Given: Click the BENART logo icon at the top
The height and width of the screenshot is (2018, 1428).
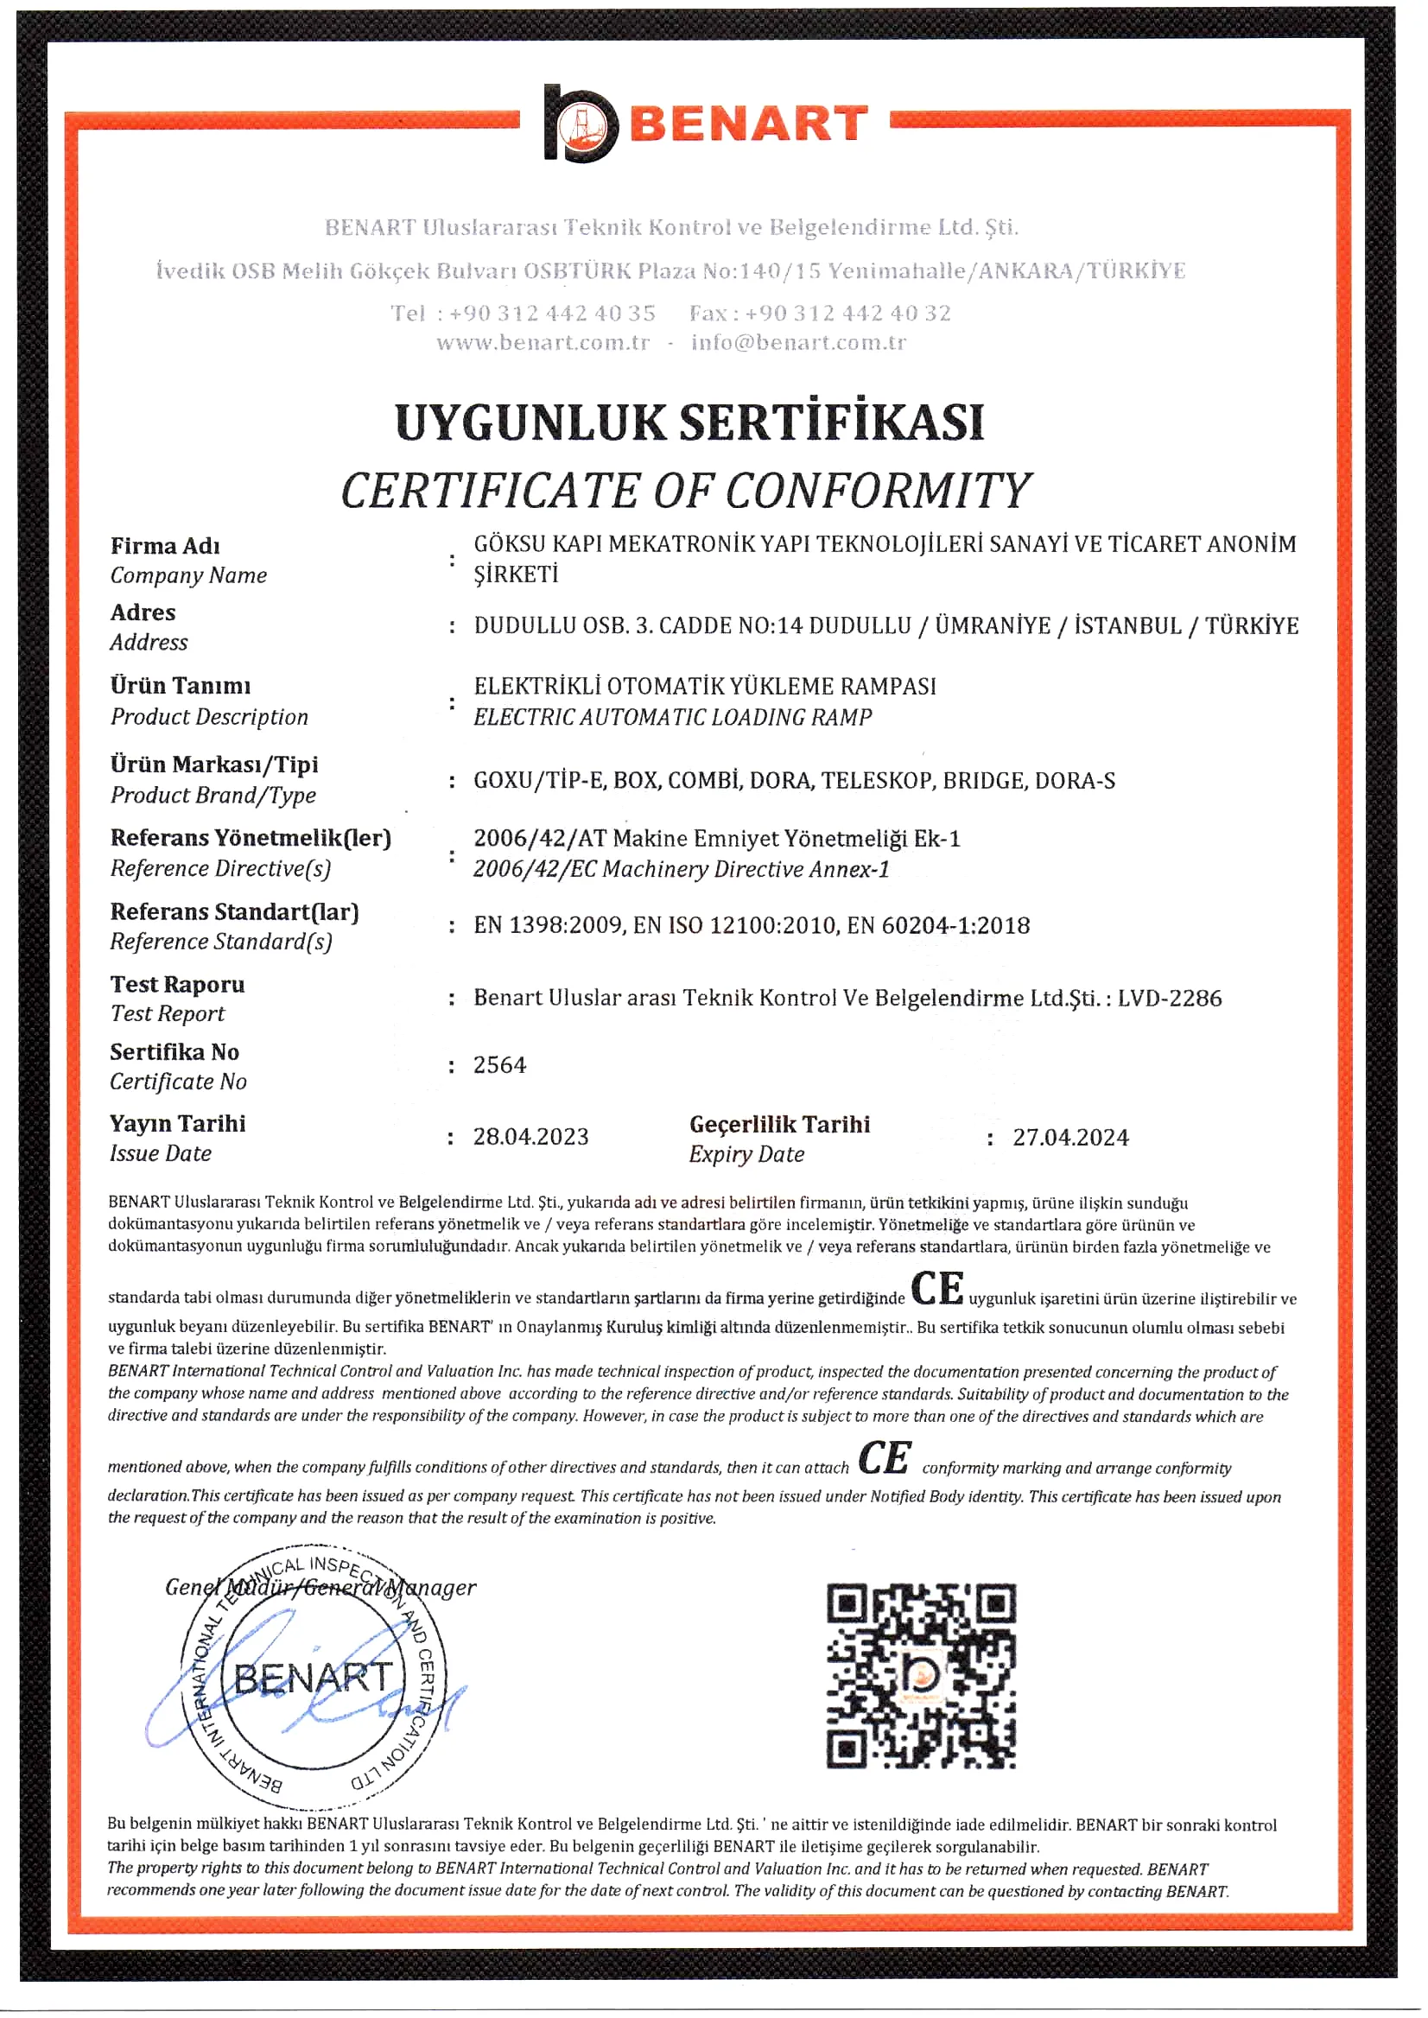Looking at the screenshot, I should click(x=580, y=124).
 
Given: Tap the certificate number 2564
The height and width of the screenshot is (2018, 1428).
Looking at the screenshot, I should click(x=499, y=1065).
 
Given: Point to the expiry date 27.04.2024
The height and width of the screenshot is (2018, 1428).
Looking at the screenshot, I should click(x=1070, y=1137).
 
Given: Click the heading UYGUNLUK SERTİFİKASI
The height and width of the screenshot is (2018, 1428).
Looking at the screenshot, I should click(x=689, y=422).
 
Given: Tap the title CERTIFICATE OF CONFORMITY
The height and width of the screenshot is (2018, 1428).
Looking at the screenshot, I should click(x=686, y=491).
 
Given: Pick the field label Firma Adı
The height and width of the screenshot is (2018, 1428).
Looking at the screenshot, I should click(x=165, y=546).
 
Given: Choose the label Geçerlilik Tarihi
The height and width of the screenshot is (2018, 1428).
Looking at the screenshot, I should click(x=779, y=1124).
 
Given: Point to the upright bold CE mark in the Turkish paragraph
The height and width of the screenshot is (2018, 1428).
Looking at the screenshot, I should click(x=936, y=1289).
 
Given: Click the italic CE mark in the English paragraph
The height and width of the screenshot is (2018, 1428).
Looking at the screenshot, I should click(x=885, y=1458).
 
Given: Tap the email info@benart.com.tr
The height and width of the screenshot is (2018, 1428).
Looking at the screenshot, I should click(x=797, y=343).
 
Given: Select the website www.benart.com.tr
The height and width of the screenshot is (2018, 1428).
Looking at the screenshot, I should click(x=543, y=343).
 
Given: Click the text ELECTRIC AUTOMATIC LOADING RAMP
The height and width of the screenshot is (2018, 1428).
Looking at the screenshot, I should click(x=673, y=718).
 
